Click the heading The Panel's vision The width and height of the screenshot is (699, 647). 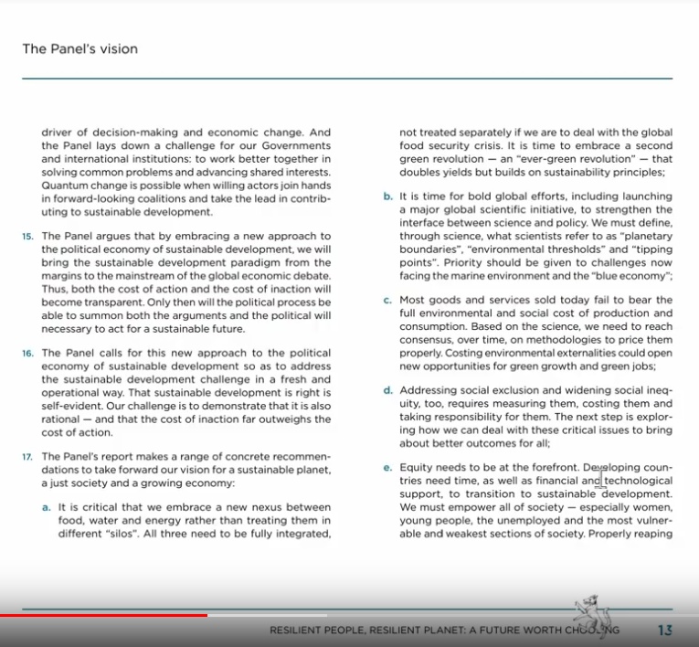coord(80,49)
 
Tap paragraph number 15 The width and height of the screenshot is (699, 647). coord(27,236)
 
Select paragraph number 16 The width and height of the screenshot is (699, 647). coord(27,352)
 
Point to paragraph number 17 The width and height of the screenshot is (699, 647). coord(27,456)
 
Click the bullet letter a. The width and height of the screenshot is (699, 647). coord(47,506)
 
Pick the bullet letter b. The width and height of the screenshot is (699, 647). coord(387,196)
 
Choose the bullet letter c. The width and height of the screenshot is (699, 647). coord(387,300)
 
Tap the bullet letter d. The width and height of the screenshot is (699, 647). coord(387,390)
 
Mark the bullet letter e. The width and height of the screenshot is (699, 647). coord(387,468)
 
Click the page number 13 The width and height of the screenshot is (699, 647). coord(665,630)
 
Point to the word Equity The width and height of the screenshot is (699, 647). coord(418,468)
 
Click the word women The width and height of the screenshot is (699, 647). coord(651,506)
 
